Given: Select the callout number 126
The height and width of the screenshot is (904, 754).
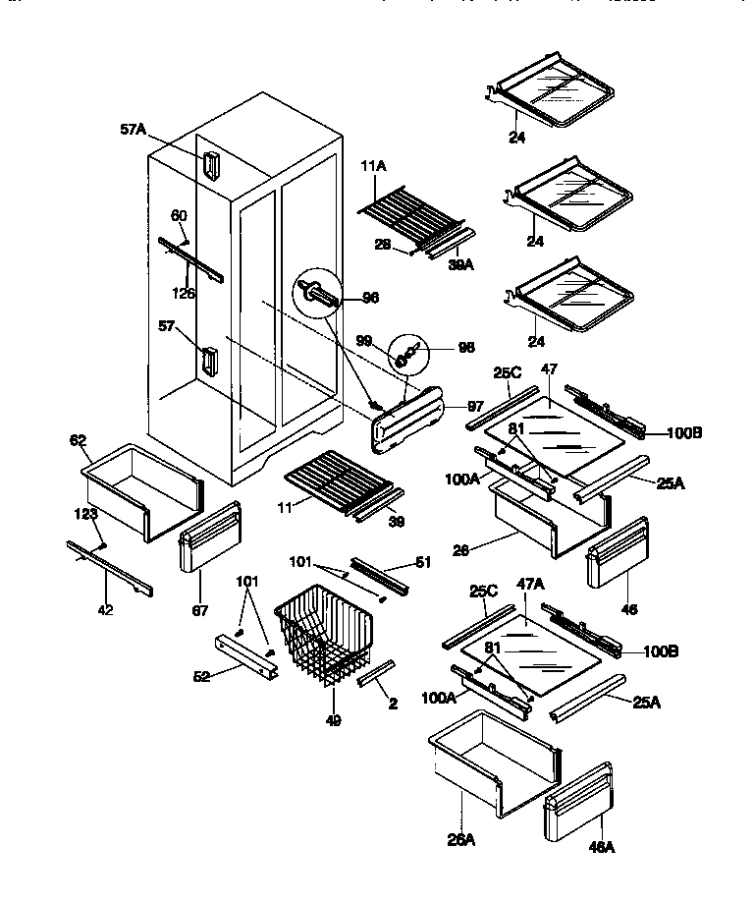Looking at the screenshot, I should click(x=184, y=292).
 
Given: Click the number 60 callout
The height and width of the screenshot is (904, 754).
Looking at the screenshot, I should click(x=179, y=215).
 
